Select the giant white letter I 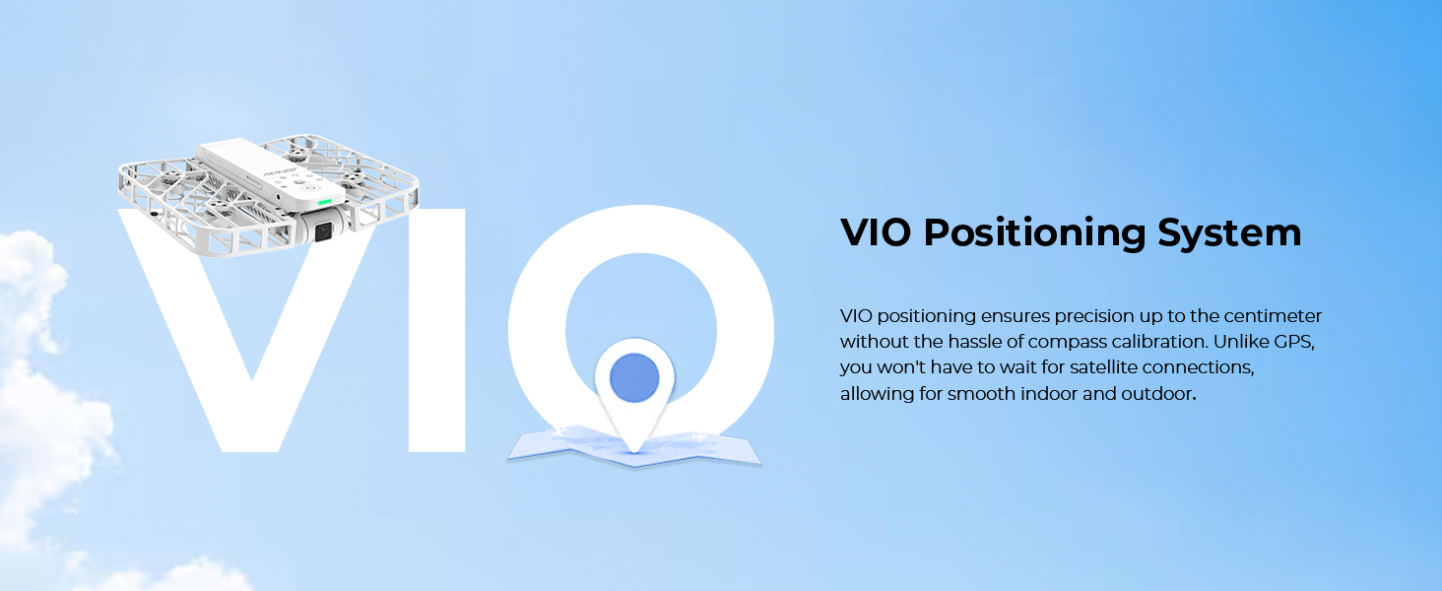pyautogui.click(x=435, y=329)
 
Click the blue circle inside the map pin pyautogui.click(x=633, y=376)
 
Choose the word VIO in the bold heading pyautogui.click(x=877, y=233)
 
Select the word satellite pyautogui.click(x=1077, y=367)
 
